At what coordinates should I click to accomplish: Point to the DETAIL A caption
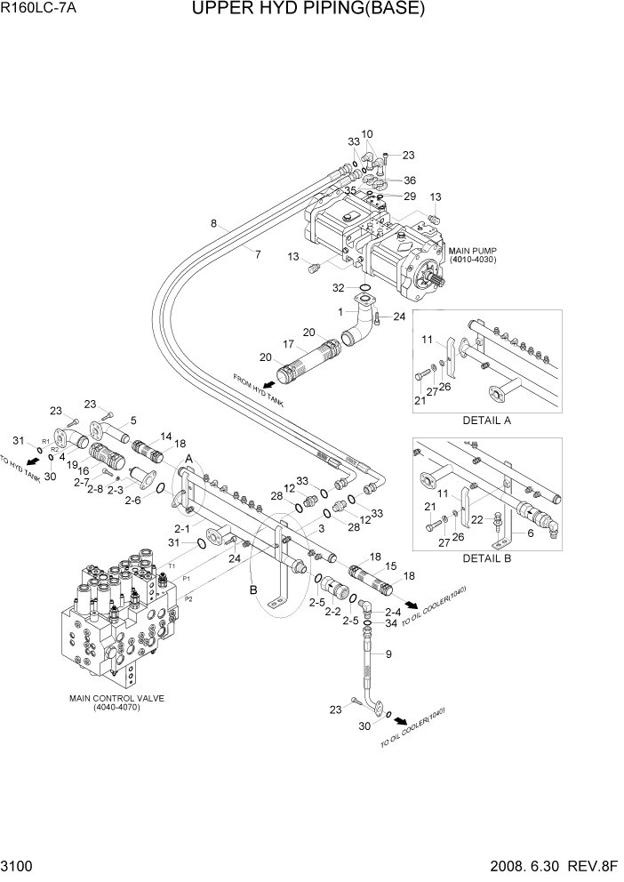(x=486, y=420)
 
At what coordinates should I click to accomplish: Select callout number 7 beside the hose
(x=258, y=255)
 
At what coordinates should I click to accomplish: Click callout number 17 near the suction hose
(x=289, y=344)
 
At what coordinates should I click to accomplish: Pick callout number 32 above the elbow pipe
(x=339, y=288)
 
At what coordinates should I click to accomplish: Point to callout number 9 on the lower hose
(x=388, y=653)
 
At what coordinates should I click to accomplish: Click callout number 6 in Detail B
(x=530, y=533)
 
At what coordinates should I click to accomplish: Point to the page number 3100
(x=19, y=866)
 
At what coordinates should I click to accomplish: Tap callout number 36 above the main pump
(x=410, y=180)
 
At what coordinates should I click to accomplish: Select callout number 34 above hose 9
(x=392, y=624)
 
